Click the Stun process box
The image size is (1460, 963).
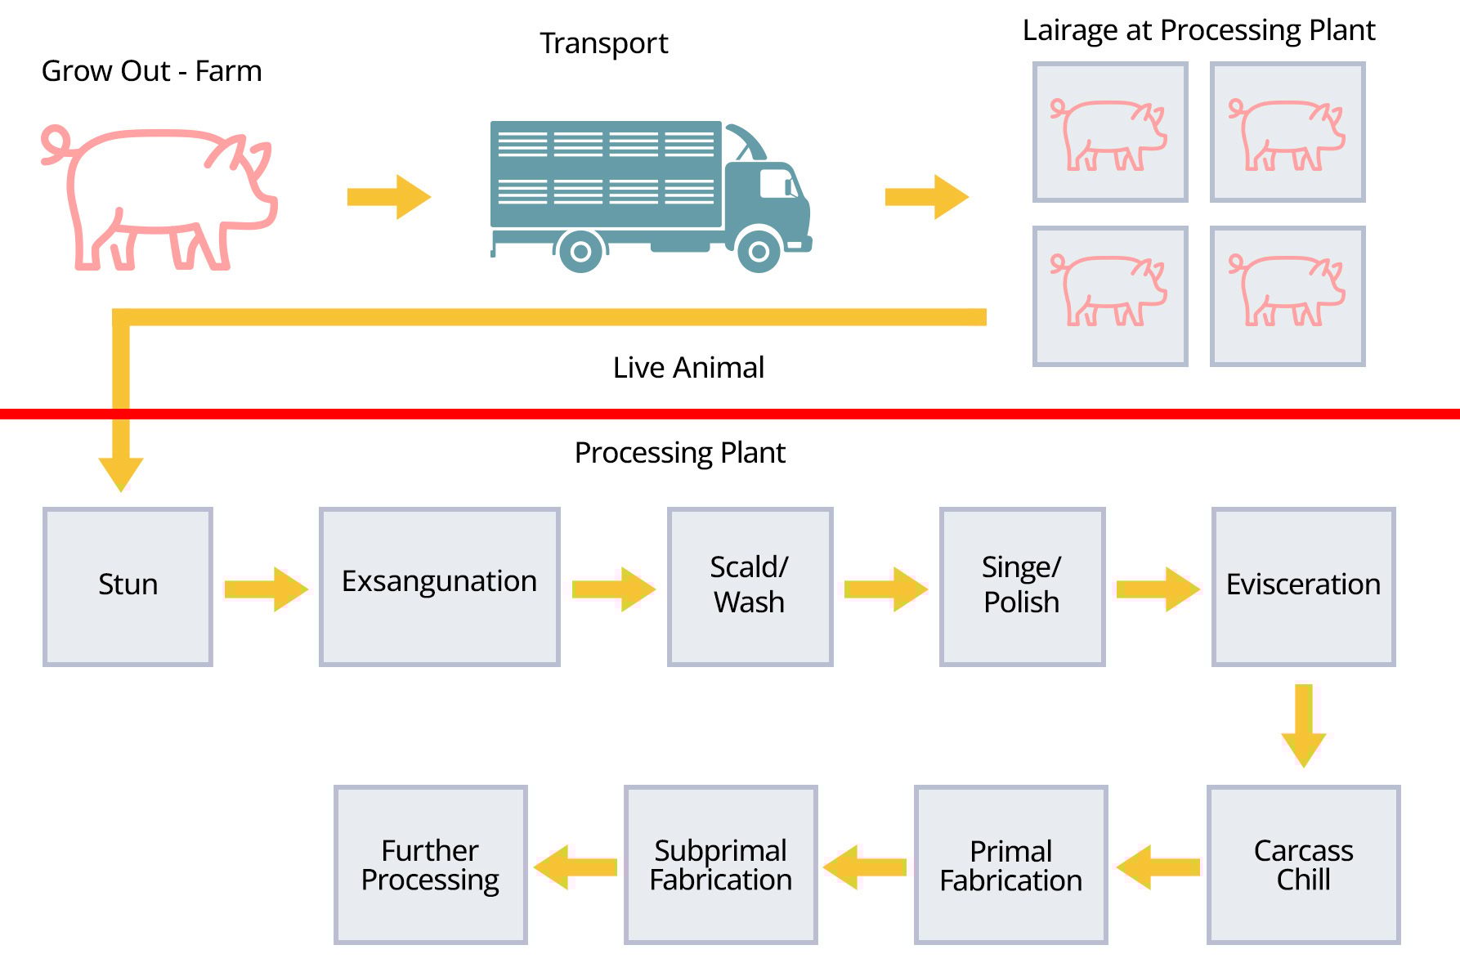(128, 586)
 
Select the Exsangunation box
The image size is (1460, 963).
(439, 586)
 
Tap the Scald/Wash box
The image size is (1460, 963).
(750, 586)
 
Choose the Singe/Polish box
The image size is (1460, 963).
(1022, 586)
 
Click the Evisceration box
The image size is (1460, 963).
(1303, 586)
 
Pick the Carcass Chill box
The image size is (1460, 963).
(1303, 865)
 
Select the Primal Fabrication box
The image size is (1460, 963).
(1010, 865)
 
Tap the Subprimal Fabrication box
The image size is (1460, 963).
(720, 865)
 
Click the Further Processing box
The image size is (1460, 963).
(430, 865)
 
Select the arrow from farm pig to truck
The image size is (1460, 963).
(388, 196)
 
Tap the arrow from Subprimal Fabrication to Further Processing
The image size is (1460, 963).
(575, 867)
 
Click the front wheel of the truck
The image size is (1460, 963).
(759, 251)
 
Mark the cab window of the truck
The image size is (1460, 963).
(777, 183)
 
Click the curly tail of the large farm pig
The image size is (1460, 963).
(56, 144)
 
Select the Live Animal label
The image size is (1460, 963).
(688, 368)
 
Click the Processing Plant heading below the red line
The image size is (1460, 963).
(679, 453)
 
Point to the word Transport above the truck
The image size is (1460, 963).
(603, 43)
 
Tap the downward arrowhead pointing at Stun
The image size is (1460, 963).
(121, 473)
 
